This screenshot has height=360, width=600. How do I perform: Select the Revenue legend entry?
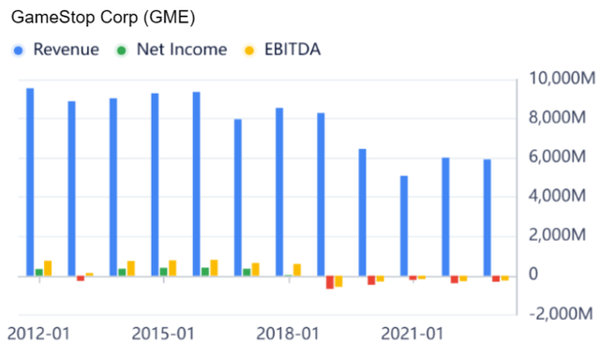point(66,50)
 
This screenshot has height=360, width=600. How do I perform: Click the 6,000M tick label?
point(561,157)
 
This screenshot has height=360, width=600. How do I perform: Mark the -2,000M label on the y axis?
point(559,313)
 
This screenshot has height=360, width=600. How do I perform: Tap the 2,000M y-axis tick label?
point(561,235)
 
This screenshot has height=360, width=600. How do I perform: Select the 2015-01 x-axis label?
point(162,334)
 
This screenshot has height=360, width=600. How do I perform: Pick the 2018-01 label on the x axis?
point(287,334)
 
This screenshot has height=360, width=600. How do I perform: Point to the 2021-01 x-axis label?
point(411,334)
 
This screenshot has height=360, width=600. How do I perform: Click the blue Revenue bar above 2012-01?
point(30,182)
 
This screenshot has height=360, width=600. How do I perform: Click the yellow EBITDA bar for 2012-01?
point(48,268)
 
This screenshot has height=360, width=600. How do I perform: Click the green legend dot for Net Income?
point(122,50)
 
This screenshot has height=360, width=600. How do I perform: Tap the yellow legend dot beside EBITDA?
point(249,50)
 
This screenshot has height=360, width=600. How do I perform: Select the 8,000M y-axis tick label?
point(561,118)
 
